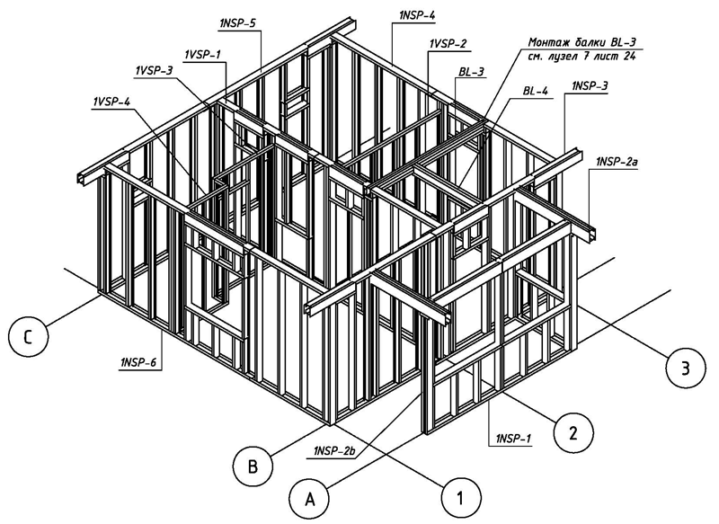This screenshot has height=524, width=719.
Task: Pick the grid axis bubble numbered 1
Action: point(459,493)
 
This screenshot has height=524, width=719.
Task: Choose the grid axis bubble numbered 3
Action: point(685,367)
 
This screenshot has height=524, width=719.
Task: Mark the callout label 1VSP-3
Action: point(154,70)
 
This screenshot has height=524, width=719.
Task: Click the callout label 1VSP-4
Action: point(111,102)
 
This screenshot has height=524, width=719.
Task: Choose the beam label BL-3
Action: point(470,71)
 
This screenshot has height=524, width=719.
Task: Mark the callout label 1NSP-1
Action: point(512,439)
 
